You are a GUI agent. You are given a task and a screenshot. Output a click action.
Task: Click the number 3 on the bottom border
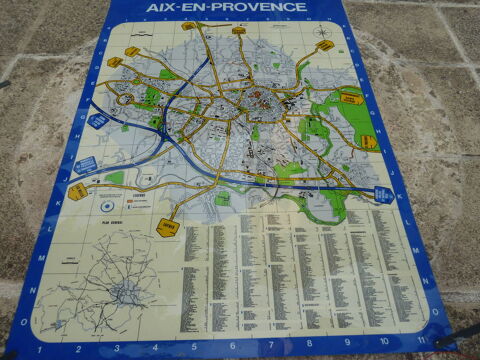(x=118, y=350)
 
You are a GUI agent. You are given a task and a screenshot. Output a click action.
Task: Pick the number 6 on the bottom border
(x=233, y=350)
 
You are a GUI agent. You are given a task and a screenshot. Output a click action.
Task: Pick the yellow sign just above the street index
(x=167, y=227)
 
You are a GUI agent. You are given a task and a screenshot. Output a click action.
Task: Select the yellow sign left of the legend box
(x=78, y=190)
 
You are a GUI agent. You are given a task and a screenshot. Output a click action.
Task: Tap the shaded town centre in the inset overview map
(x=126, y=293)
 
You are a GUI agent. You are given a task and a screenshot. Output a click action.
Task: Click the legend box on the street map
(x=141, y=199)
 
